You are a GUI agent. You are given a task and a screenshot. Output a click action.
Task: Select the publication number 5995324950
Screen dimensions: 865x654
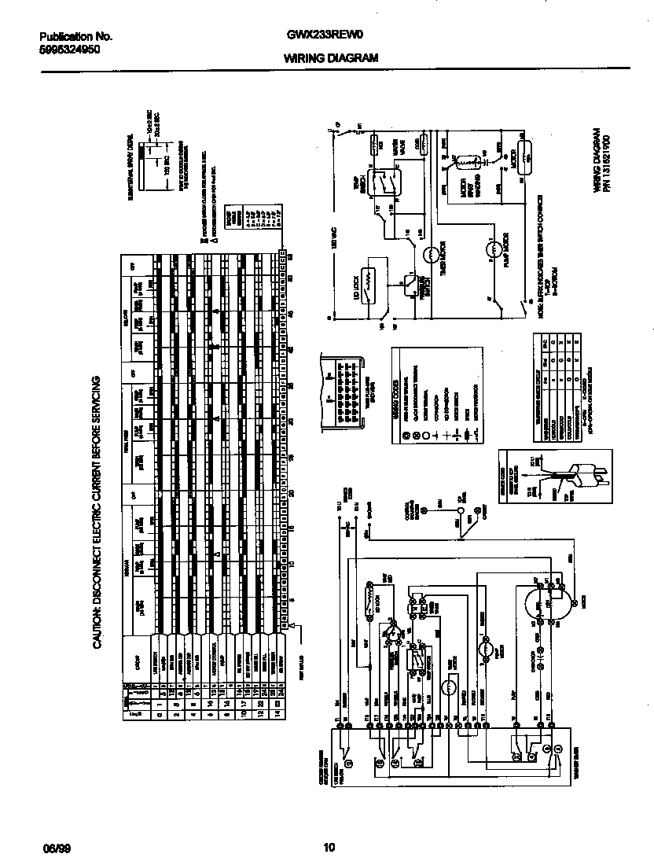69,49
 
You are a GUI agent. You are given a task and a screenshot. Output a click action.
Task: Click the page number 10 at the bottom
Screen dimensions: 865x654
329,847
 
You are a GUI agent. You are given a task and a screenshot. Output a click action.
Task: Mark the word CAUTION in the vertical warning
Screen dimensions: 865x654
98,621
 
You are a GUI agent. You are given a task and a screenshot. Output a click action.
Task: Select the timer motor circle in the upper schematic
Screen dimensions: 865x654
432,254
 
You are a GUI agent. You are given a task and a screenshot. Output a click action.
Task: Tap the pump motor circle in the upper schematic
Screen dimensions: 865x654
493,250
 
